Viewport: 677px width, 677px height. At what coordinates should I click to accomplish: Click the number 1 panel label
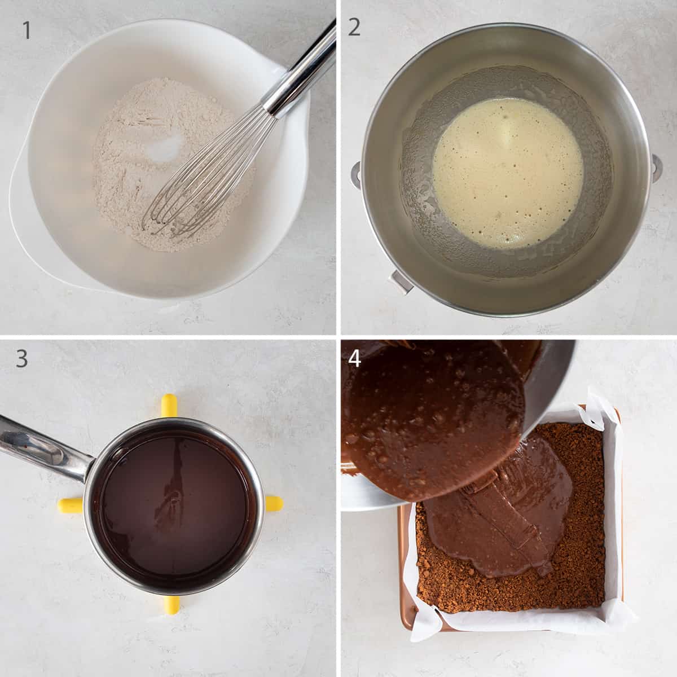pyautogui.click(x=27, y=30)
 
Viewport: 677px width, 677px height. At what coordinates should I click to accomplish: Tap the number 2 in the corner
pyautogui.click(x=354, y=27)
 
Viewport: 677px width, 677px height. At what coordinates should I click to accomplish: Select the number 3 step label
pyautogui.click(x=21, y=359)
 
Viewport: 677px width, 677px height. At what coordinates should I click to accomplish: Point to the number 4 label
pyautogui.click(x=354, y=358)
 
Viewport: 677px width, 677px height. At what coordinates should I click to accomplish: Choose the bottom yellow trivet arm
pyautogui.click(x=171, y=604)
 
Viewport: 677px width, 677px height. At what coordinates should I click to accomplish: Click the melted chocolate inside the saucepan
pyautogui.click(x=175, y=502)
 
